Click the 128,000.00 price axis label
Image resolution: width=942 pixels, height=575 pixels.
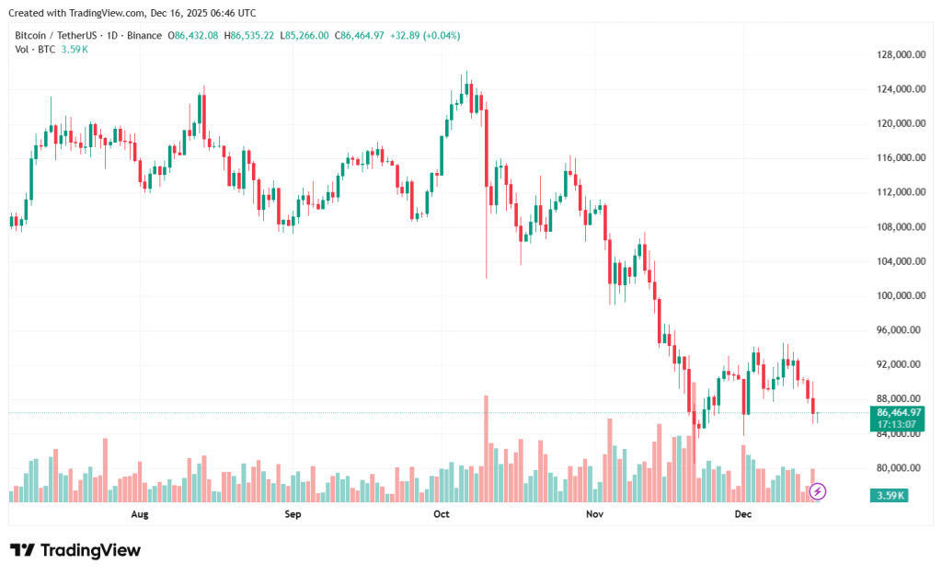[x=900, y=54]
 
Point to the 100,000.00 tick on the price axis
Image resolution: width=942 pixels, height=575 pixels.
[x=900, y=296]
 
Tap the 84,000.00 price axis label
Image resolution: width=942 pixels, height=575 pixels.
[x=900, y=434]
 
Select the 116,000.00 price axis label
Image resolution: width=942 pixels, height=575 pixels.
[x=900, y=158]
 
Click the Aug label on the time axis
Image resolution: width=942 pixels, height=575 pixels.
[x=140, y=514]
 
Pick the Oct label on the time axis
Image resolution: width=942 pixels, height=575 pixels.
[x=441, y=514]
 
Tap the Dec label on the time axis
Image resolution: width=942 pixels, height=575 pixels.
[x=743, y=514]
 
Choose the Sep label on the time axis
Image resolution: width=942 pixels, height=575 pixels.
[x=293, y=514]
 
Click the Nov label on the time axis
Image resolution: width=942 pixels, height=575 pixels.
[x=593, y=514]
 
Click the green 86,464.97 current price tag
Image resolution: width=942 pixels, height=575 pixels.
[x=900, y=413]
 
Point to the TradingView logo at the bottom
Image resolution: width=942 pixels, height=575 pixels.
[x=75, y=550]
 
